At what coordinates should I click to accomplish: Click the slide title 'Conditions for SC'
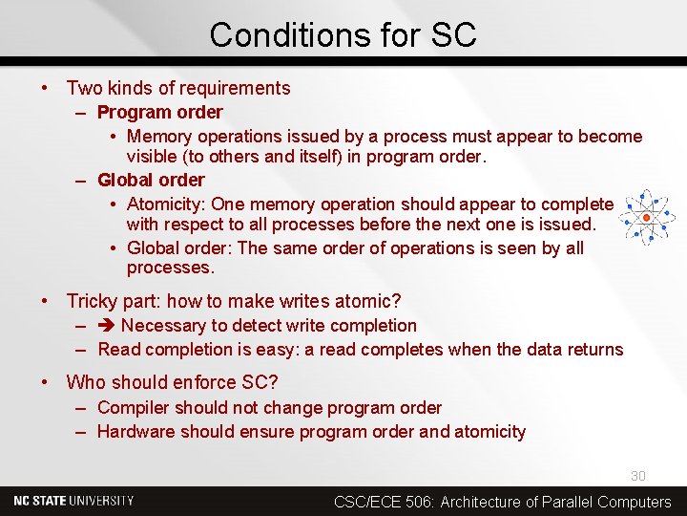point(343,35)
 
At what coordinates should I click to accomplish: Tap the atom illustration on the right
point(647,217)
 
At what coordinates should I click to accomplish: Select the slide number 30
point(637,476)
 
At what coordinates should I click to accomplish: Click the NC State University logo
point(73,501)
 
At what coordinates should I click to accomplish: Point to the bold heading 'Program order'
point(160,112)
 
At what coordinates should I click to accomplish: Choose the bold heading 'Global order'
point(151,180)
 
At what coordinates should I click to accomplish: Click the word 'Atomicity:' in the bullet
point(166,204)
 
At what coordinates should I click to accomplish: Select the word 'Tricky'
point(93,301)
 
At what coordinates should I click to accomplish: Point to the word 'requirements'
point(239,88)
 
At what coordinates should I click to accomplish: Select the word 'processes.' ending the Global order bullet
point(171,268)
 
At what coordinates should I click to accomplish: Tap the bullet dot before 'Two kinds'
point(45,88)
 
